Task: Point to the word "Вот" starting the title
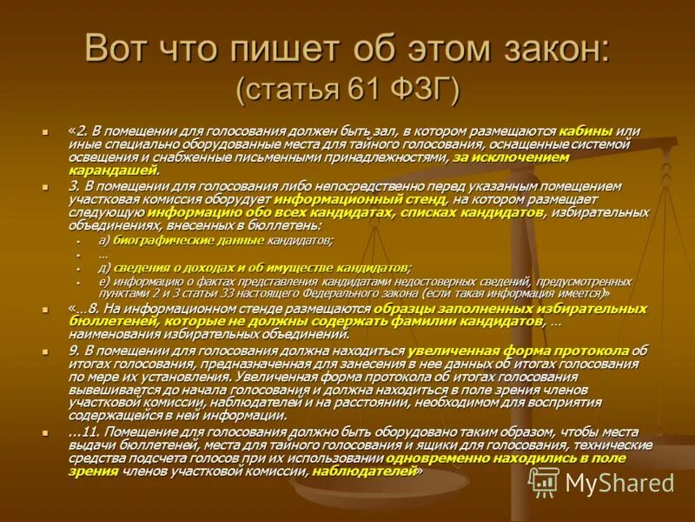(116, 50)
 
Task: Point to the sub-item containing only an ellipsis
(103, 254)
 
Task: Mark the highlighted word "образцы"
(429, 309)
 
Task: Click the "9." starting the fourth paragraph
(75, 351)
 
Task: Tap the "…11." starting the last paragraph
(83, 432)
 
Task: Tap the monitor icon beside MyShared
(544, 482)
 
